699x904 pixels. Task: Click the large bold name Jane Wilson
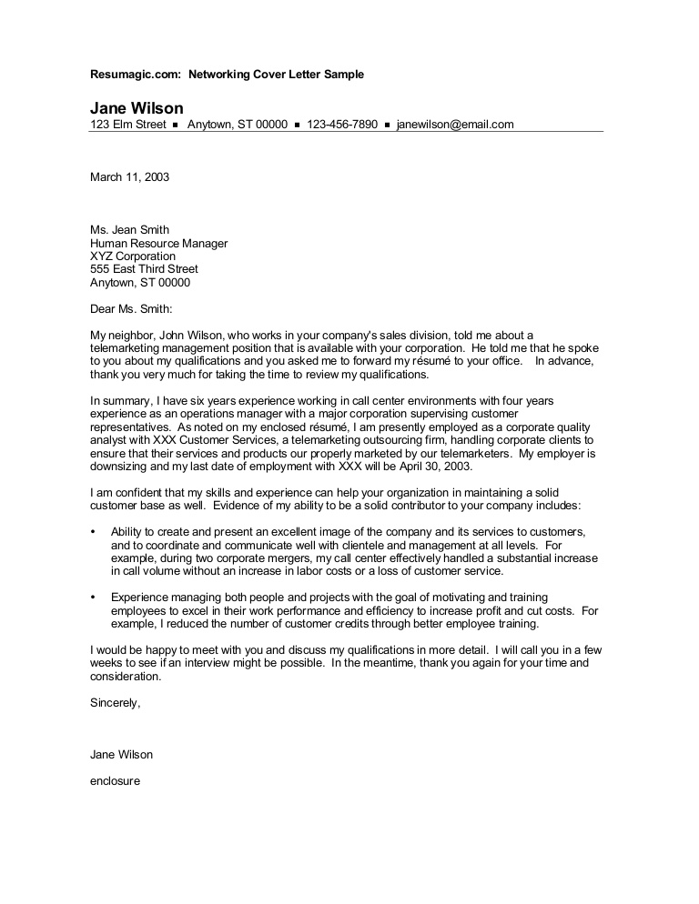tap(137, 107)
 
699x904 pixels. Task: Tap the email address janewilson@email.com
tap(455, 125)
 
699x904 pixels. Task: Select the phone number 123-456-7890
tap(342, 125)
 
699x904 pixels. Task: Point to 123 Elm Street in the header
tap(127, 125)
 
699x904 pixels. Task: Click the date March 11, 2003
tap(129, 176)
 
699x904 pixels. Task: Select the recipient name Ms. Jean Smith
tap(129, 230)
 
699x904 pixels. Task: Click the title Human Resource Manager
tap(158, 244)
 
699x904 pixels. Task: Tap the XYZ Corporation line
tap(133, 256)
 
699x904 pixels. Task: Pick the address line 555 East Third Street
tap(144, 269)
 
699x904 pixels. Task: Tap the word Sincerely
tap(115, 702)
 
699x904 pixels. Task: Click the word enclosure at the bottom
tap(115, 780)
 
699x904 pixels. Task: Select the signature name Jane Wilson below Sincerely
tap(121, 754)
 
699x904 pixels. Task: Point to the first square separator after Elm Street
tap(175, 125)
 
